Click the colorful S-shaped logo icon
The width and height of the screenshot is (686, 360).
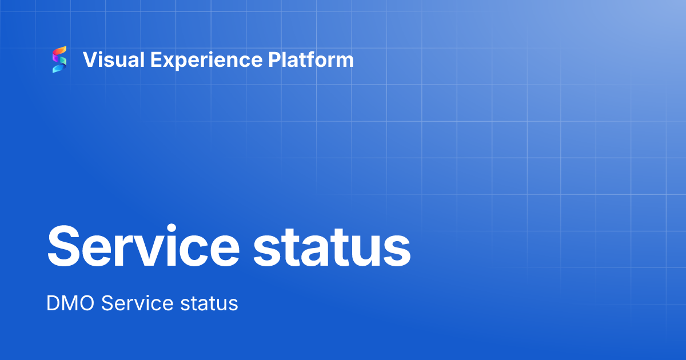59,59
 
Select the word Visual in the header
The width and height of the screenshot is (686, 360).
109,59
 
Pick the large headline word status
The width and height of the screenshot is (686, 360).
332,246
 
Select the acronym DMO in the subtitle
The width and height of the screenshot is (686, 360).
71,303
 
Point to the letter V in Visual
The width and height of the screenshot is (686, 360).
90,59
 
